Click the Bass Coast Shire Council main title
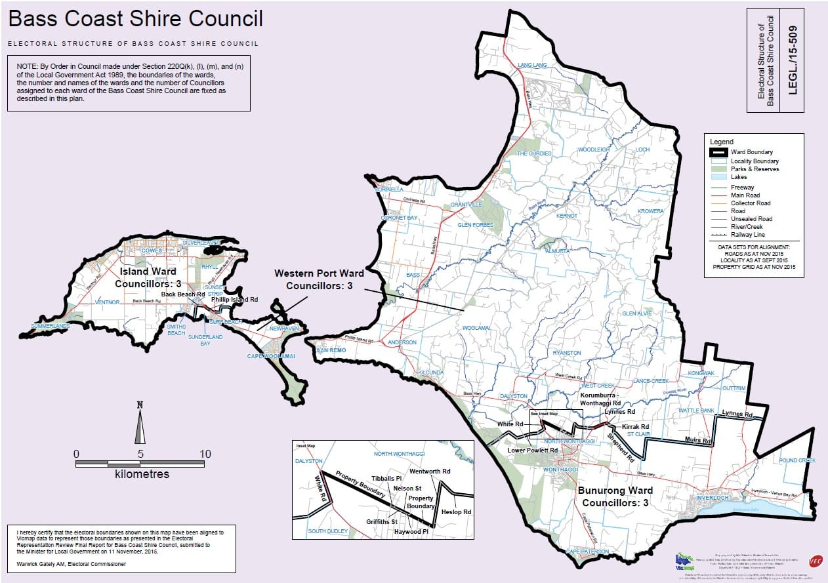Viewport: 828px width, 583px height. (x=136, y=19)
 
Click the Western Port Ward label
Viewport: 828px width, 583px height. (x=318, y=279)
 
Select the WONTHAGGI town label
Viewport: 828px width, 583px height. (x=560, y=470)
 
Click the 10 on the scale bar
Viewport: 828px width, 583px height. (x=205, y=454)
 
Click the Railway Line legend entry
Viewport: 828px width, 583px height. (x=748, y=235)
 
